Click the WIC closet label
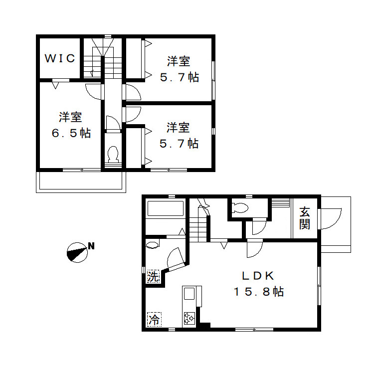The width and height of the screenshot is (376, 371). point(60,58)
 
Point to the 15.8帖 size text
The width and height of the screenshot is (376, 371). point(259,292)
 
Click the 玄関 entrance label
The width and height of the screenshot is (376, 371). point(304,218)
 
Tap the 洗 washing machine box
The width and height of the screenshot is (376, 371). point(154,276)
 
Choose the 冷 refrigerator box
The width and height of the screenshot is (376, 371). point(154,319)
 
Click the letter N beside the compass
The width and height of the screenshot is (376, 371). point(91,245)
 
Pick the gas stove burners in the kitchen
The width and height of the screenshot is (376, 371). point(190,318)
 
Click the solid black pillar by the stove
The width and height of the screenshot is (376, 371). point(203,326)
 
